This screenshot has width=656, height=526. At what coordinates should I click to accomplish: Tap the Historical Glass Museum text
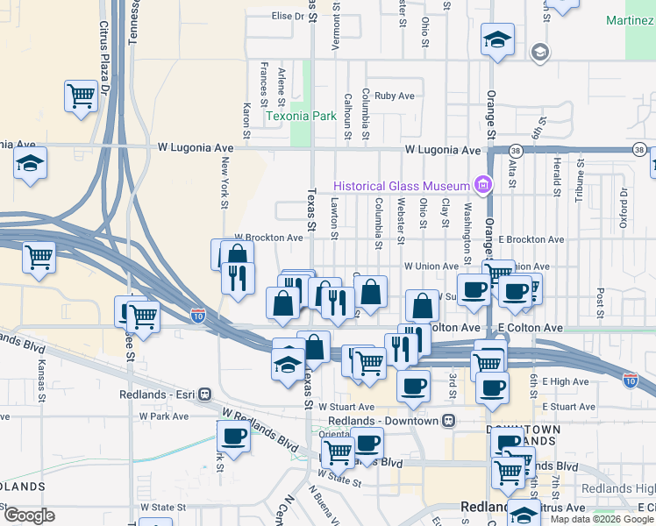[401, 184]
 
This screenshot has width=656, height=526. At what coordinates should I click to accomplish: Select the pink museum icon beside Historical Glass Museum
[481, 184]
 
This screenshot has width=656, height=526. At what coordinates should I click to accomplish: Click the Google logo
[28, 515]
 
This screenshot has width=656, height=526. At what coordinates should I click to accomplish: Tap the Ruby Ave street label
[394, 96]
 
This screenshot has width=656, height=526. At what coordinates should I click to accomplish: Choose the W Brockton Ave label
[268, 238]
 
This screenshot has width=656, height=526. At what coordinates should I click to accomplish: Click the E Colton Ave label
[530, 327]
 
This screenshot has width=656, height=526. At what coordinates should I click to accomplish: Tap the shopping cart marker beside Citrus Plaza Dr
[81, 95]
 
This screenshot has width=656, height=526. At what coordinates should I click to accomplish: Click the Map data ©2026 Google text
[602, 519]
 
